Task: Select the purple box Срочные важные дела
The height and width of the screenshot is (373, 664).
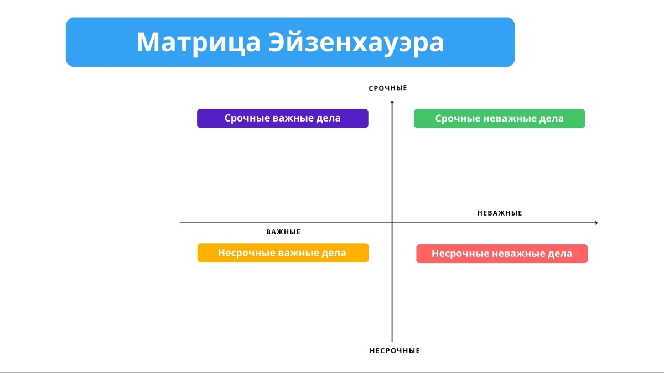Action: pos(282,118)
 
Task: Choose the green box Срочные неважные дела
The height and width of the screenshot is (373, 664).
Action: pos(499,118)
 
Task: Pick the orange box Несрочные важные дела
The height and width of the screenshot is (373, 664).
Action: pos(283,253)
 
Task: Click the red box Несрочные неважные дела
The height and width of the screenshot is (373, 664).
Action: pos(501,254)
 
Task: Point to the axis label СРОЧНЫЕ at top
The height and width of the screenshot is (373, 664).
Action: pos(388,88)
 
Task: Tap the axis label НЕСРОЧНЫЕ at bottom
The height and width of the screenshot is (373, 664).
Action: pos(395,351)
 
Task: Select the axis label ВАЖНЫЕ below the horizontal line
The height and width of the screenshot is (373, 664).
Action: pos(283,232)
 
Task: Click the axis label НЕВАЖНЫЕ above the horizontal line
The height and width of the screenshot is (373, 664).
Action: pos(500,213)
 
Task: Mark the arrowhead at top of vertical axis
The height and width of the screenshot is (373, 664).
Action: pos(392,102)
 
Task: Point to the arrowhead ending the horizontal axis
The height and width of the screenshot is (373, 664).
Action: pos(596,223)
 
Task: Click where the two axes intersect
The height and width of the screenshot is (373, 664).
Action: pos(392,223)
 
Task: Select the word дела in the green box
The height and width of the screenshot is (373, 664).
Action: pos(551,118)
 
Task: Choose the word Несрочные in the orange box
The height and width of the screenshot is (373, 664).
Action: pos(242,253)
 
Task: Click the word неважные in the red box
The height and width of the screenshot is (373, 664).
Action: pos(516,254)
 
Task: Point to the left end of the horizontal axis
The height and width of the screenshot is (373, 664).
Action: pos(181,223)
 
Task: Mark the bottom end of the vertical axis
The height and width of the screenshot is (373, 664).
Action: pos(392,341)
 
